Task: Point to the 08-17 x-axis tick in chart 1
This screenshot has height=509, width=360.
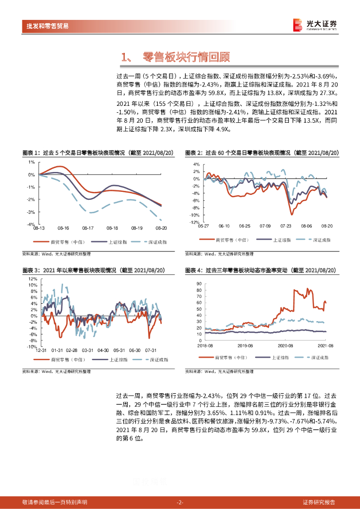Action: pos(88,229)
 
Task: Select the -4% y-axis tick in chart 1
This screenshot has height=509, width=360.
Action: pos(31,225)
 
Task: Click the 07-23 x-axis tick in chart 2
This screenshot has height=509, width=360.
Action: pos(285,226)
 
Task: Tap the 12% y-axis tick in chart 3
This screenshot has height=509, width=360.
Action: pos(32,279)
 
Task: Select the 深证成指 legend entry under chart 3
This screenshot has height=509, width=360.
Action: pos(159,359)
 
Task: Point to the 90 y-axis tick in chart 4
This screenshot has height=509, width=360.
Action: pos(198,283)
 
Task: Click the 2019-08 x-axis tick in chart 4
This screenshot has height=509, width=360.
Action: pos(245,344)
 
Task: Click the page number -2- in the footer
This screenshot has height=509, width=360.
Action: pos(180,502)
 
